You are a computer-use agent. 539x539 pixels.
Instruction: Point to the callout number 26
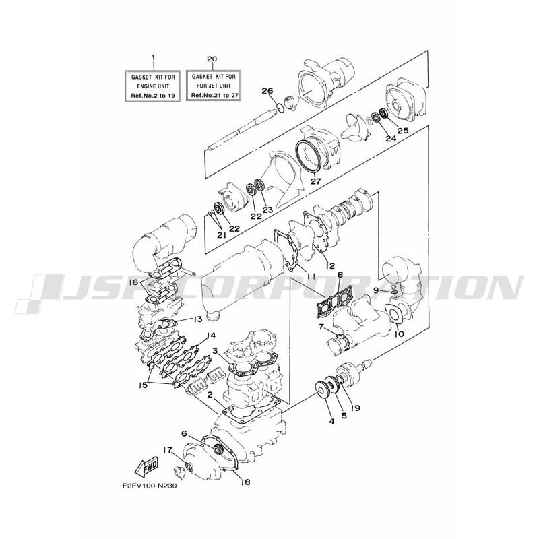tap(267, 91)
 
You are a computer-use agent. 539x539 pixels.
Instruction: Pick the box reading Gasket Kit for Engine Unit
tap(153, 86)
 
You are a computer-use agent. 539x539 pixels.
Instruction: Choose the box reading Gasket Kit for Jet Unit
tap(214, 86)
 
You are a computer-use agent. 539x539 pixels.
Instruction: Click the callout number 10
tap(400, 334)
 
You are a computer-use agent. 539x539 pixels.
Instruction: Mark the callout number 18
tap(245, 482)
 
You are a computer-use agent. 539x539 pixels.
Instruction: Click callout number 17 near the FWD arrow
tap(167, 450)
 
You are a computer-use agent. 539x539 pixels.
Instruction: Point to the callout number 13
tap(197, 319)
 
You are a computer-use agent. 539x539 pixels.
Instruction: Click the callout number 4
tap(331, 422)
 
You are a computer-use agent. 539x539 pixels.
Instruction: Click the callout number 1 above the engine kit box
tap(154, 57)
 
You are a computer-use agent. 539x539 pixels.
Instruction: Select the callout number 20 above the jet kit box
tap(212, 59)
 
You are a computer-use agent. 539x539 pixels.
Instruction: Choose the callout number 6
tap(184, 433)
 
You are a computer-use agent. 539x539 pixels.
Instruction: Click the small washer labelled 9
tap(394, 292)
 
